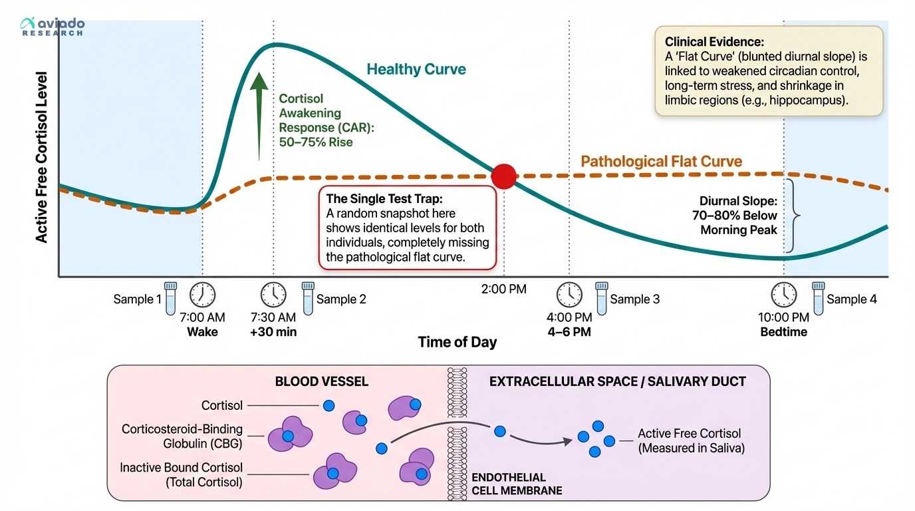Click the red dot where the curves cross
[503, 176]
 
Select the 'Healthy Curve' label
[416, 69]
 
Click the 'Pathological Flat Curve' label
[661, 161]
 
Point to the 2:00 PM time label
[504, 289]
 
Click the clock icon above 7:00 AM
[203, 294]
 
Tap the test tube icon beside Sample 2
[307, 297]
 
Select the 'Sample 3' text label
[635, 299]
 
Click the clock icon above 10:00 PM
[783, 294]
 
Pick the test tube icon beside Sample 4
[819, 297]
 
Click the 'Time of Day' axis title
[457, 342]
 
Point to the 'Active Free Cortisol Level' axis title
[42, 157]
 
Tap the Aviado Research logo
[53, 26]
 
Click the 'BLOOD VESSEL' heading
[322, 382]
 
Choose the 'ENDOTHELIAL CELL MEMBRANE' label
[517, 484]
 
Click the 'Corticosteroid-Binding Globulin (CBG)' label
[182, 436]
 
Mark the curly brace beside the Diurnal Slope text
[791, 216]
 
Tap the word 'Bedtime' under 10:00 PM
[783, 332]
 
